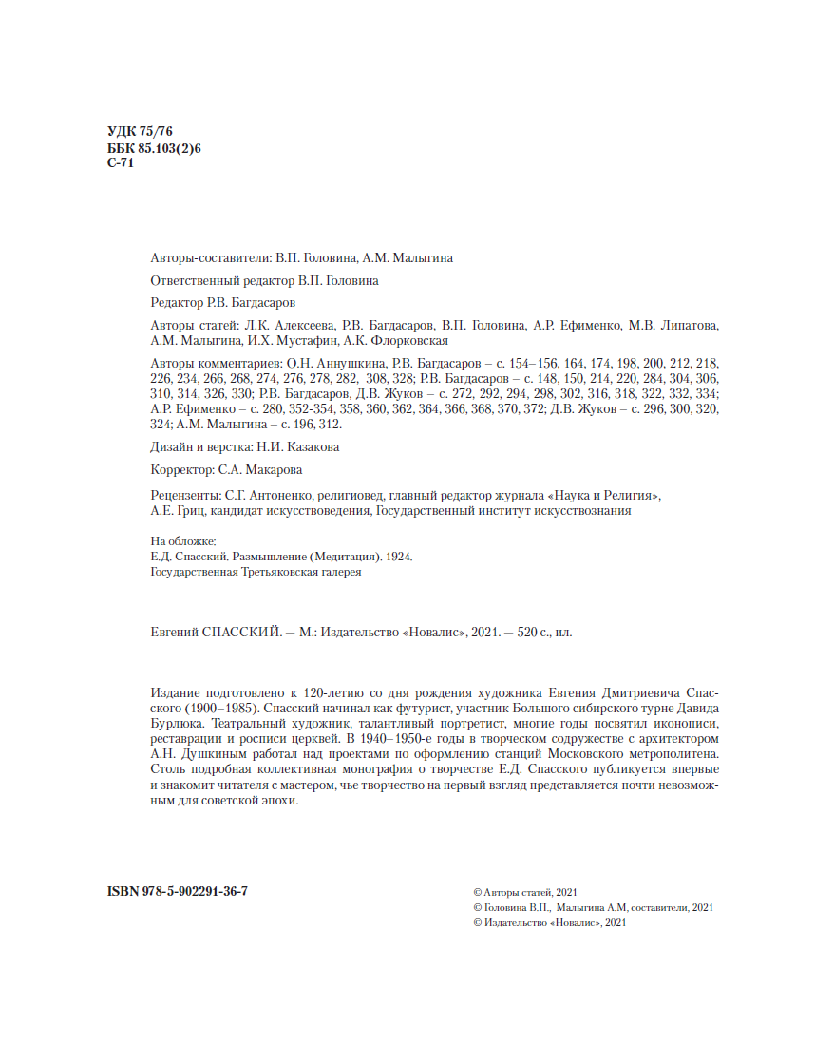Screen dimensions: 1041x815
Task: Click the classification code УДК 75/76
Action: tap(140, 132)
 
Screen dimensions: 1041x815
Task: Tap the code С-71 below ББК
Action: tap(120, 162)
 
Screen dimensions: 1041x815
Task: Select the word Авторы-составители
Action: tap(210, 257)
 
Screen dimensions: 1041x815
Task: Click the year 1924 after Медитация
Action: tap(399, 558)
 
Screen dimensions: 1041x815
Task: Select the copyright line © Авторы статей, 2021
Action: tap(524, 892)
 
